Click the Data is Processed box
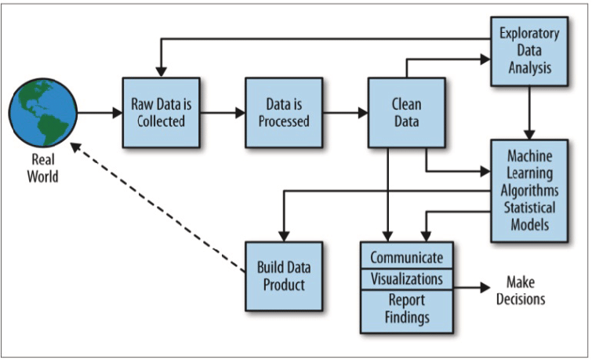pos(283,111)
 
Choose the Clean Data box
pos(406,111)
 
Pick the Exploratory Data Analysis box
pos(529,51)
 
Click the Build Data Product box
pos(281,275)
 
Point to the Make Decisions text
pos(525,289)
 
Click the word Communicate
pos(406,257)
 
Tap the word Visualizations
pos(406,278)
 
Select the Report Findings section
pos(406,308)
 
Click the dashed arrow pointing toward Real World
pos(157,208)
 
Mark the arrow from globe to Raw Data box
pos(100,112)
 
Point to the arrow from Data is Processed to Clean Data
pos(346,112)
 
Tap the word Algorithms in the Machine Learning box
pos(529,190)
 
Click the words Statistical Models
pos(529,216)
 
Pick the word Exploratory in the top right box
pos(529,35)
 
